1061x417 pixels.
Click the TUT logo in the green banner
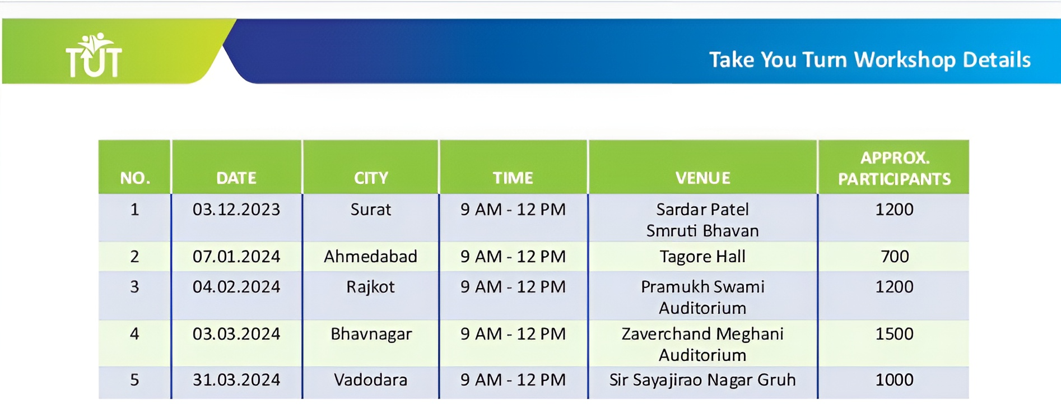click(x=94, y=54)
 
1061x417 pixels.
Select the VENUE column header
click(x=702, y=178)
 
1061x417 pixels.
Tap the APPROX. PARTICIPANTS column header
click(x=894, y=168)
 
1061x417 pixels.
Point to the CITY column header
click(x=371, y=178)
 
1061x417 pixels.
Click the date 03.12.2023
click(x=236, y=210)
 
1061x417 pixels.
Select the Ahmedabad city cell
click(x=371, y=257)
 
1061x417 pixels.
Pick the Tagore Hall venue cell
click(x=702, y=257)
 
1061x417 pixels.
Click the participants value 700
click(x=895, y=257)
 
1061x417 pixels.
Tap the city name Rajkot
click(x=370, y=287)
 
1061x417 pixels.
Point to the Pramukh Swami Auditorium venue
click(x=702, y=298)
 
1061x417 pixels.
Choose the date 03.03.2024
click(x=236, y=334)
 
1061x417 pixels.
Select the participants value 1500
click(x=895, y=334)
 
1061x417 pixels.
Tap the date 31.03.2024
click(x=236, y=380)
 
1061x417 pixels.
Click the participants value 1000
click(x=895, y=380)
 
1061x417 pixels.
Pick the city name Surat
click(x=371, y=210)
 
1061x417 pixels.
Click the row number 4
click(x=134, y=334)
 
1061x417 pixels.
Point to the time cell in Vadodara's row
click(x=513, y=380)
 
